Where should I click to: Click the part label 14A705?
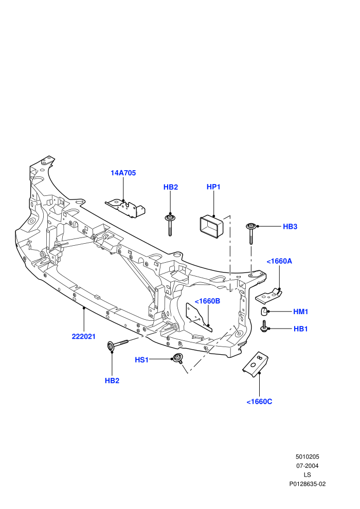coord(123,173)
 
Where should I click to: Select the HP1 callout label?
coord(213,187)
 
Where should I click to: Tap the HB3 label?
coord(290,227)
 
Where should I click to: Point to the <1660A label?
coord(279,261)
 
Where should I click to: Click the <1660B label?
coord(207,301)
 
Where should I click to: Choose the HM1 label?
coord(300,312)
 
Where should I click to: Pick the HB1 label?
coord(300,329)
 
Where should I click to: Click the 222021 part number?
coord(84,337)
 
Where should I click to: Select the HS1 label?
coord(141,360)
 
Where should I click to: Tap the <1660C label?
coord(259,402)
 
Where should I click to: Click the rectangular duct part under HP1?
coord(212,227)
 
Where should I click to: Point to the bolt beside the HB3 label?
coord(251,233)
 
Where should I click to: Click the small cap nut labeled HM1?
coord(264,311)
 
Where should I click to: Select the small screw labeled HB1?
coord(264,326)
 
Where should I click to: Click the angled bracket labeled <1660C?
coord(256,364)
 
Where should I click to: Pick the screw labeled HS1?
coord(177,358)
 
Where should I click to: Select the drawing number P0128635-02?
coord(308,484)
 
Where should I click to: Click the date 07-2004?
coord(308,466)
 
